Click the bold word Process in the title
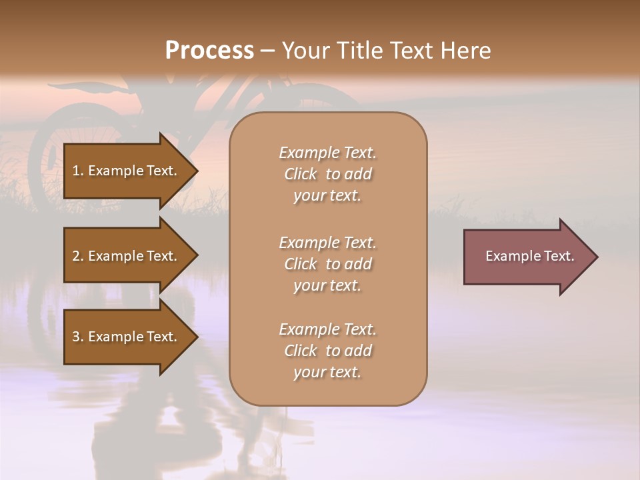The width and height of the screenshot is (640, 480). [209, 51]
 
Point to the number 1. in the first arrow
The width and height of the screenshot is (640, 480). [78, 171]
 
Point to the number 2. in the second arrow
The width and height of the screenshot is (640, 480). [78, 256]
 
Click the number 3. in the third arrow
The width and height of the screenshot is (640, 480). [78, 337]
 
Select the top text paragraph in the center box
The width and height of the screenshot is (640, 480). [327, 174]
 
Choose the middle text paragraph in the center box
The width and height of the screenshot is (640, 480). [327, 263]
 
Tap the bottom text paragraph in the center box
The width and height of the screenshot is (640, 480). [327, 351]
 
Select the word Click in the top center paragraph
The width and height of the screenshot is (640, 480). [301, 174]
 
